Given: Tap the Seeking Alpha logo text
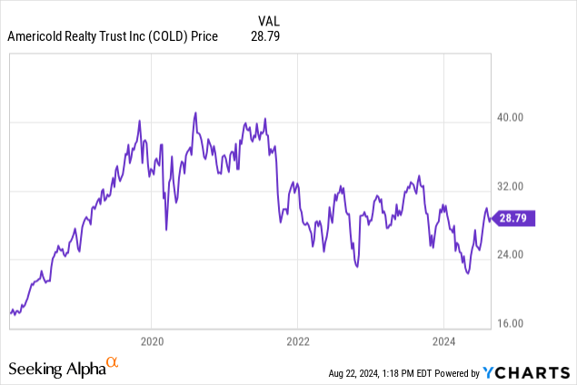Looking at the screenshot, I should pos(56,369).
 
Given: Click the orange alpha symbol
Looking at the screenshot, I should pos(113,363).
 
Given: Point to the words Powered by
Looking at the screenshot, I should pos(451,373).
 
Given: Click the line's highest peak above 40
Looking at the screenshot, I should pos(195,114).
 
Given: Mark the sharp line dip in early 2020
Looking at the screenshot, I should pos(166,230).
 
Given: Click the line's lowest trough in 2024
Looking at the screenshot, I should pos(467,272).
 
